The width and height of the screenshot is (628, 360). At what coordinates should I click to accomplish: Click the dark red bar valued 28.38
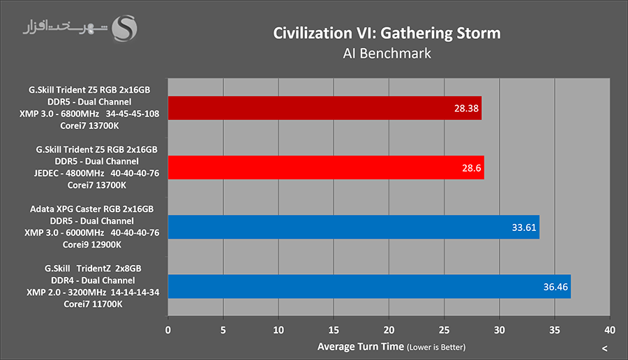pyautogui.click(x=324, y=108)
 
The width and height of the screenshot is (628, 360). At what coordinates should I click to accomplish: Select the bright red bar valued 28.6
pyautogui.click(x=326, y=167)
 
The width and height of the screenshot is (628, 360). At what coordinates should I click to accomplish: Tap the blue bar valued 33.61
pyautogui.click(x=353, y=227)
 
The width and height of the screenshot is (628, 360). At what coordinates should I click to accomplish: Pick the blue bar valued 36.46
pyautogui.click(x=369, y=286)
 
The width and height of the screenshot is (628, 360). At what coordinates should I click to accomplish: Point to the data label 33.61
pyautogui.click(x=523, y=227)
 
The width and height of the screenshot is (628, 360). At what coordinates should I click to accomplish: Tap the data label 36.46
pyautogui.click(x=555, y=287)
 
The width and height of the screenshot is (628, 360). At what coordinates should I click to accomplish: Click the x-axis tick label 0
pyautogui.click(x=168, y=329)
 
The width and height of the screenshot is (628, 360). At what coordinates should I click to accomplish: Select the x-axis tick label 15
pyautogui.click(x=334, y=329)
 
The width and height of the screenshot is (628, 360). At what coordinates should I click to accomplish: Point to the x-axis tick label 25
pyautogui.click(x=444, y=329)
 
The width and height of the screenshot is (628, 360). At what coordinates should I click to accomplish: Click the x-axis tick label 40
pyautogui.click(x=610, y=329)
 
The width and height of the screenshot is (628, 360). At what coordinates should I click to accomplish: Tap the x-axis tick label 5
pyautogui.click(x=223, y=329)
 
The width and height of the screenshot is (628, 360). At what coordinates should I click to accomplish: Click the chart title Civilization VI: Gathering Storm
pyautogui.click(x=387, y=33)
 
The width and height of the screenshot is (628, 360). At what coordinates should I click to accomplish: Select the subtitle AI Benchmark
pyautogui.click(x=387, y=52)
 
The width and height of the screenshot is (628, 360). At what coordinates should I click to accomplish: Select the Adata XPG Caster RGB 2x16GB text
pyautogui.click(x=91, y=209)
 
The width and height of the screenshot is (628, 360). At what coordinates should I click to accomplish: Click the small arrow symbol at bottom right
pyautogui.click(x=604, y=348)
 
